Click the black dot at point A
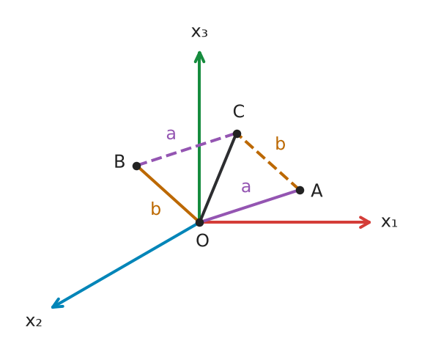coord(300,190)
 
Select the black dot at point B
coord(137,166)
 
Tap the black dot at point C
coord(237,133)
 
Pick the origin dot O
coord(199,222)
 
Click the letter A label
coord(316,191)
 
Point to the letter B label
coord(119,161)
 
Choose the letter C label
coord(239,111)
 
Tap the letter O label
coord(202,240)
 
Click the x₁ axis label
coord(389,223)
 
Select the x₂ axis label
coord(34,321)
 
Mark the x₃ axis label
coord(199,32)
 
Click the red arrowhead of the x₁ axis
coord(366,222)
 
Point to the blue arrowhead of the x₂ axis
coord(57,304)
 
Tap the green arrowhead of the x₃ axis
coord(199,56)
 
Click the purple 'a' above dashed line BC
coord(171,134)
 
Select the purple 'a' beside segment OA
coord(246,187)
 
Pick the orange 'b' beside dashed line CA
coord(280,143)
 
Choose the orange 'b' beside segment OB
coord(156,208)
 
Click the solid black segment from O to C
coord(218,178)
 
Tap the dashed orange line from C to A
coord(268,162)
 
